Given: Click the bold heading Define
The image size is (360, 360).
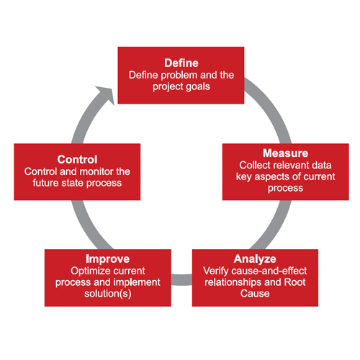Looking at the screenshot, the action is click(x=181, y=63).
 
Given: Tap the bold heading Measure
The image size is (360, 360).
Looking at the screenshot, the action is click(x=285, y=153).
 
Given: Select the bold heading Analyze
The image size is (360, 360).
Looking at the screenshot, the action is click(x=255, y=259).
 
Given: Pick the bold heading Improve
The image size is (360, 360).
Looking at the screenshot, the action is click(x=108, y=259).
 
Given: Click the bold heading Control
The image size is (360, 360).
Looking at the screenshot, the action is click(x=77, y=160).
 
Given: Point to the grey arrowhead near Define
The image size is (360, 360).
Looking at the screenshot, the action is click(x=106, y=95).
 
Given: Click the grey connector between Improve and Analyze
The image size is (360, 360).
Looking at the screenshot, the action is click(x=181, y=279).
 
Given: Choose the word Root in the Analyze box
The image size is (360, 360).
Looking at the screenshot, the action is click(x=294, y=282).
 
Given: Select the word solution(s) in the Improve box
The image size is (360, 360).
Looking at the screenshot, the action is click(x=108, y=294).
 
